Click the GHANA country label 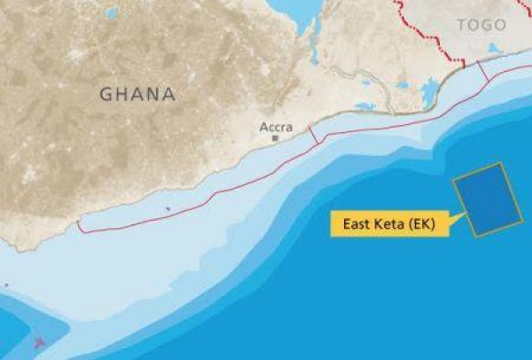pyautogui.click(x=137, y=93)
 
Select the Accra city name pyautogui.click(x=276, y=126)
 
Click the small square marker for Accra pyautogui.click(x=276, y=138)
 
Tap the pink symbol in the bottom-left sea pyautogui.click(x=37, y=341)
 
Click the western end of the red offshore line pyautogui.click(x=80, y=227)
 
